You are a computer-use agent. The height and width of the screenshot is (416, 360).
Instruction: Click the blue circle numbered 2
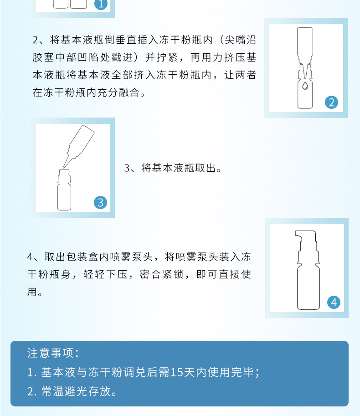[x=331, y=103]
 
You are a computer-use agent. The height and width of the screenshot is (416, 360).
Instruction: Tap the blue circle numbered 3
[x=100, y=202]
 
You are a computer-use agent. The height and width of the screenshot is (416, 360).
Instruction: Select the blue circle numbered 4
[x=334, y=302]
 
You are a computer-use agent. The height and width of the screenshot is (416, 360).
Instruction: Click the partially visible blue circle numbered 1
[x=101, y=5]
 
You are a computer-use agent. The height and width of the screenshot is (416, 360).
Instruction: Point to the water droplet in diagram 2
[x=305, y=85]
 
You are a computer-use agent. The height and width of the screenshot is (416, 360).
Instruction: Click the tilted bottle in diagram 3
[x=79, y=145]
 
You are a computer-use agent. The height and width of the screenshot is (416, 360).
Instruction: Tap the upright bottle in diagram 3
[x=64, y=190]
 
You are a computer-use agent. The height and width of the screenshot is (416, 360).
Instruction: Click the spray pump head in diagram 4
[x=307, y=247]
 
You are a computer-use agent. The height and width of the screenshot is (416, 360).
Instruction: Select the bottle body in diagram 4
[x=308, y=288]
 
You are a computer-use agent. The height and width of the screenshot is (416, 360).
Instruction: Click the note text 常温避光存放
[x=76, y=391]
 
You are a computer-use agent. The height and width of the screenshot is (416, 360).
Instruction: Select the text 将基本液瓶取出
[x=178, y=168]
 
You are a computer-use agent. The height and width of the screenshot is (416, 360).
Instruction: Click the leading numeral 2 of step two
[x=36, y=40]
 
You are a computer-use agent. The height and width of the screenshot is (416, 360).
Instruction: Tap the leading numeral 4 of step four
[x=30, y=257]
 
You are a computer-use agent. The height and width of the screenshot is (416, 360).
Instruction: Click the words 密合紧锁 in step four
[x=162, y=274]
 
